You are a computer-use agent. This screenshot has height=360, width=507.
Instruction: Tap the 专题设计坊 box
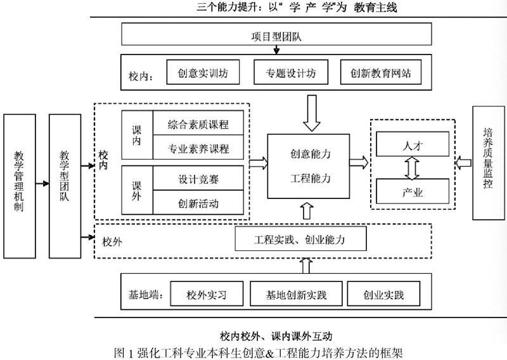(x=290, y=72)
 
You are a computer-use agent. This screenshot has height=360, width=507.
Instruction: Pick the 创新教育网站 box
(x=380, y=72)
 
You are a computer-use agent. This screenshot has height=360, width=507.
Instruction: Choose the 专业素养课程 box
(x=199, y=150)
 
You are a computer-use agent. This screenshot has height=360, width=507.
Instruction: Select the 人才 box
(x=412, y=145)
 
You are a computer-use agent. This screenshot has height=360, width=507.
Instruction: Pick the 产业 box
(x=412, y=190)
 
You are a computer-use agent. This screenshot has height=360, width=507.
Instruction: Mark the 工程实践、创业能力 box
(x=300, y=240)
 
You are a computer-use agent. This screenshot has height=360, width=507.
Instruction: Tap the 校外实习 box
(x=207, y=295)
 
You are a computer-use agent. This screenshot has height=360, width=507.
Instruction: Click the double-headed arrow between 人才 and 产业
(x=413, y=167)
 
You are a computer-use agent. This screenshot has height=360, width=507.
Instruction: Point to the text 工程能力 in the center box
(x=311, y=178)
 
